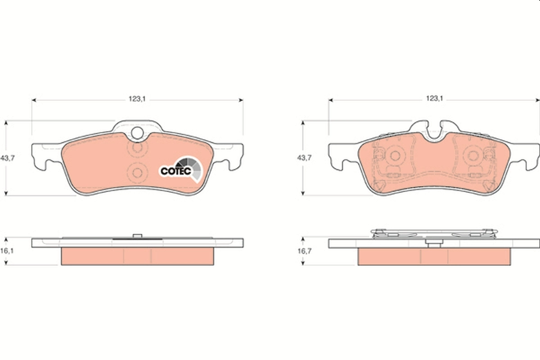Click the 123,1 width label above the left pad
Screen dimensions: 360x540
click(x=137, y=99)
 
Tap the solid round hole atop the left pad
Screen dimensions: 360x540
click(x=137, y=133)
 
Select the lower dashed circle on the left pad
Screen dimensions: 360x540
click(x=137, y=171)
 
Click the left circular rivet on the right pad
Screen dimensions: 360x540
click(x=396, y=156)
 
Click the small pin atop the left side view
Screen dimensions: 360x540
click(x=137, y=236)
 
